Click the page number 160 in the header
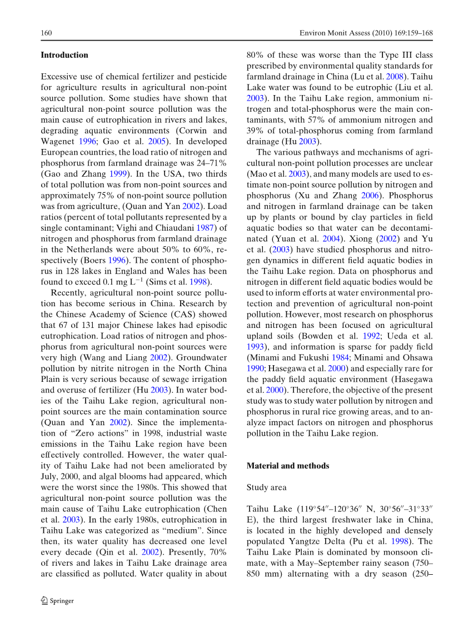click(46, 33)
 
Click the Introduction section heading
click(64, 55)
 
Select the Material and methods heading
click(288, 466)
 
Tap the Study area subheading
click(267, 487)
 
